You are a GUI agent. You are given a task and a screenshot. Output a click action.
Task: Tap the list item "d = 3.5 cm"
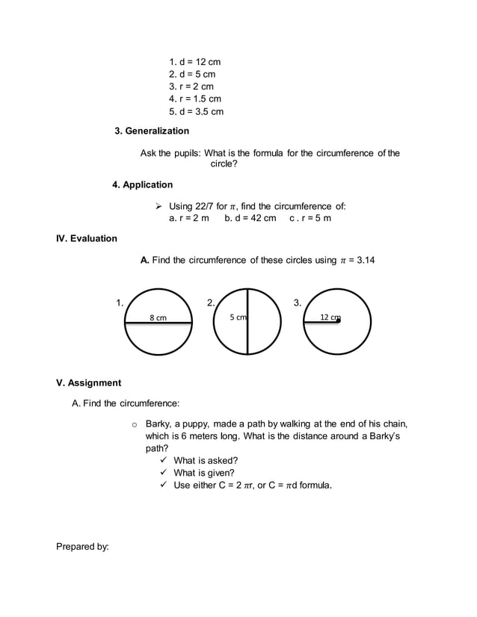[x=196, y=112]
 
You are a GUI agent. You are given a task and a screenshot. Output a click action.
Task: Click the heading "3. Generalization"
[x=151, y=131]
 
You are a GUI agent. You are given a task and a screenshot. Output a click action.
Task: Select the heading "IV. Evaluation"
[x=87, y=238]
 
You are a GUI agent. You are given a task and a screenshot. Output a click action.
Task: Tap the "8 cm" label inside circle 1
[x=158, y=318]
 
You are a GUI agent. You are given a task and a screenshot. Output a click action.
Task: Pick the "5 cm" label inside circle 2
[x=238, y=317]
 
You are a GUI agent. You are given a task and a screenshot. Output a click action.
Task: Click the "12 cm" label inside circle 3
[x=329, y=317]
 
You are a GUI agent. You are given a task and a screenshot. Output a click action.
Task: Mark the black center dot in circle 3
[x=338, y=320]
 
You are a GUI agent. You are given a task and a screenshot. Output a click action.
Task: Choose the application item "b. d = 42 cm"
[x=250, y=218]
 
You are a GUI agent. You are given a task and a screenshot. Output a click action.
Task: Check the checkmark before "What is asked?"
[x=162, y=460]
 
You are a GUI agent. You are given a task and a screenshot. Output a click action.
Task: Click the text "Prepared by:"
[x=82, y=547]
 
